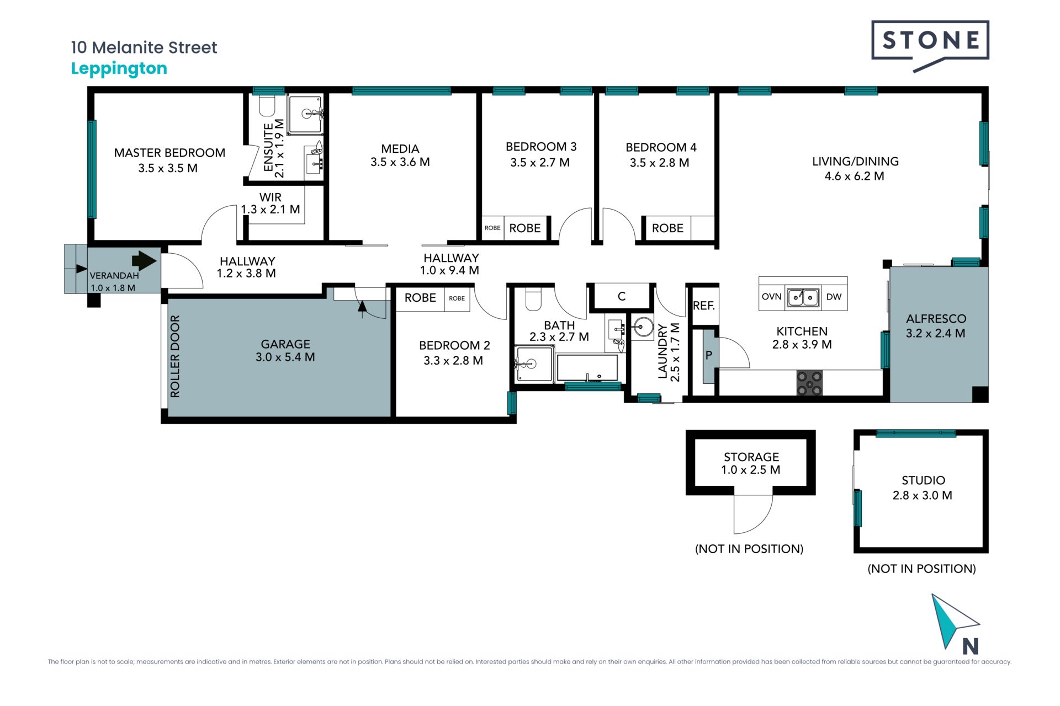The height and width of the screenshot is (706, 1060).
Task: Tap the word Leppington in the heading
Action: [119, 69]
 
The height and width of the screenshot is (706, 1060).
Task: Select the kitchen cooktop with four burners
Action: [809, 383]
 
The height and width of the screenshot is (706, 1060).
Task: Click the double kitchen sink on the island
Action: [803, 297]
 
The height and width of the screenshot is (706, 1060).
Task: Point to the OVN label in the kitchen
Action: [771, 297]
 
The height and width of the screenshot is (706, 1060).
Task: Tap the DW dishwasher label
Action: [834, 297]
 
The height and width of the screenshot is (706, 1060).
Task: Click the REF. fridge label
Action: [704, 306]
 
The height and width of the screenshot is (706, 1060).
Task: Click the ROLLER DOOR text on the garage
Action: [175, 356]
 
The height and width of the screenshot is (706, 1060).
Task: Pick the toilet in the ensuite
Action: [267, 106]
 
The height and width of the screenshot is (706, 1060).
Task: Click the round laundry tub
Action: [643, 326]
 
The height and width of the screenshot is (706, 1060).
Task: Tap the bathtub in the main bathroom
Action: [587, 367]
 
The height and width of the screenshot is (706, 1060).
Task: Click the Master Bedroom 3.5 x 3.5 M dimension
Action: [168, 168]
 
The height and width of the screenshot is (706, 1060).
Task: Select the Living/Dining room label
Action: [855, 162]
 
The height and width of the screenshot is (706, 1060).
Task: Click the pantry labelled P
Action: [708, 356]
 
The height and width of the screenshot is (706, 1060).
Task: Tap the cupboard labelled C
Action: [621, 296]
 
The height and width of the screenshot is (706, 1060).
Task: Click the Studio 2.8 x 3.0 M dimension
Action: [922, 495]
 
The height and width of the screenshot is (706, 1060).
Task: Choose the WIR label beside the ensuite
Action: [271, 197]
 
